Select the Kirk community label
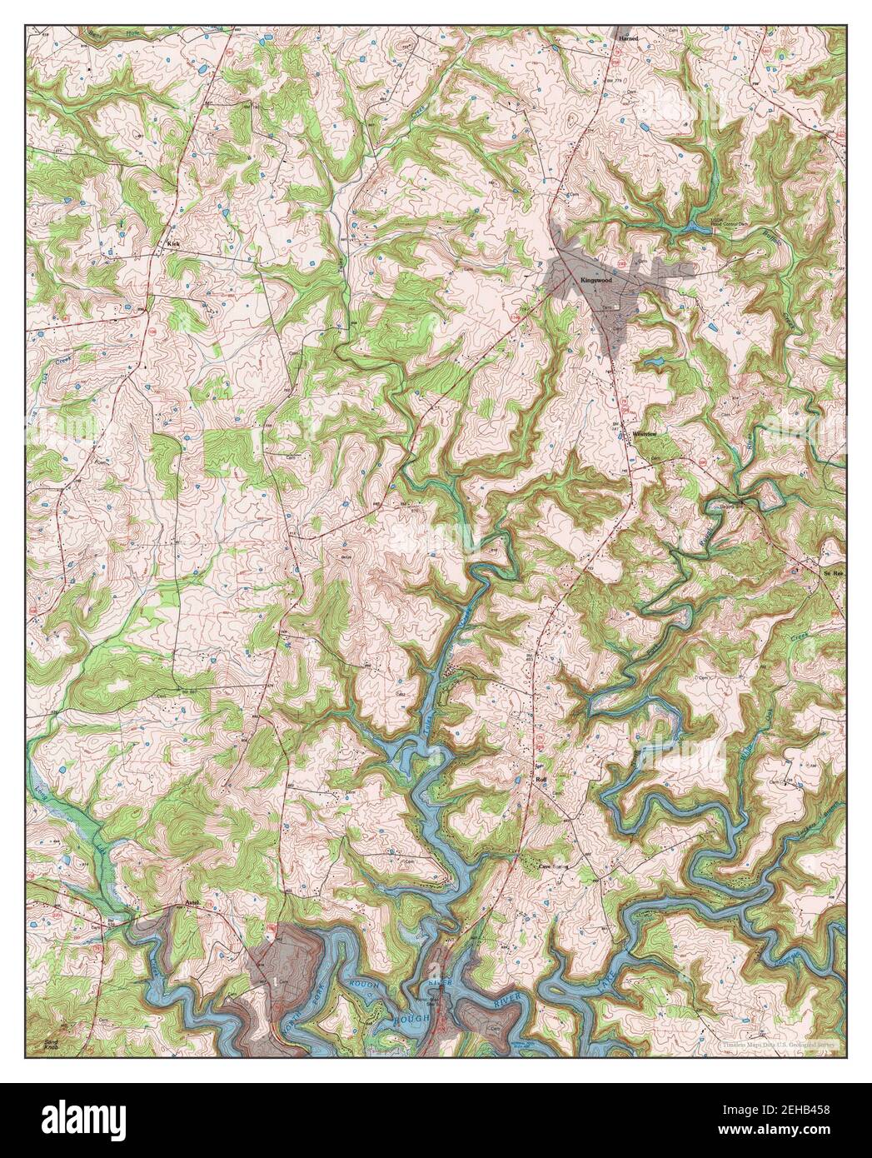173,244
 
